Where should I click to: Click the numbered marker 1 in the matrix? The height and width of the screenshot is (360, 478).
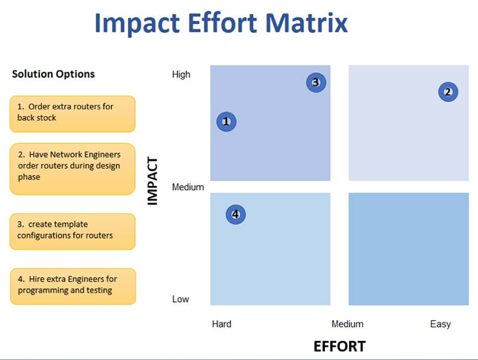tap(226, 122)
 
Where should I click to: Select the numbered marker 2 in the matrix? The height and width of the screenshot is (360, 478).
tap(448, 92)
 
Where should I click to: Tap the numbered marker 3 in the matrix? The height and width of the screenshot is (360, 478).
tap(316, 82)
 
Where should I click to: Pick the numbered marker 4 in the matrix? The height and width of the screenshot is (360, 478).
tap(235, 214)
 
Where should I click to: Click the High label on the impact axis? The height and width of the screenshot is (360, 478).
tap(181, 74)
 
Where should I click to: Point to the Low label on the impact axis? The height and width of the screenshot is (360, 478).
tap(180, 299)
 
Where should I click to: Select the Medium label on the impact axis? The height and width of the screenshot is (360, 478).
tap(188, 187)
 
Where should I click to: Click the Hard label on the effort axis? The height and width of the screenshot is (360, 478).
tap(222, 324)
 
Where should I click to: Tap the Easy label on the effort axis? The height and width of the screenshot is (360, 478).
tap(440, 324)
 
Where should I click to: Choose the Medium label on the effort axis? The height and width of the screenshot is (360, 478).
tap(348, 324)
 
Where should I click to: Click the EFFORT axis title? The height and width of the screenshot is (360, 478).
tap(339, 346)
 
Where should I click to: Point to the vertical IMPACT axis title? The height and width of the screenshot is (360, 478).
tap(152, 181)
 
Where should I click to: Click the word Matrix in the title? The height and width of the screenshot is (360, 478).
tap(307, 23)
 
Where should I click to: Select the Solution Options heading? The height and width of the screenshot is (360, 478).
tap(53, 74)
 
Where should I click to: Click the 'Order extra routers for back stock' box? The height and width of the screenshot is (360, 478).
tap(72, 114)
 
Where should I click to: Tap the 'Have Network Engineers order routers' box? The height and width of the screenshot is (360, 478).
tap(72, 169)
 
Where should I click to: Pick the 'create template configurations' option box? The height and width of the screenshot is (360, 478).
tap(72, 232)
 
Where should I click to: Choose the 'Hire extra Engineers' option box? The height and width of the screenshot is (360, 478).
tap(73, 287)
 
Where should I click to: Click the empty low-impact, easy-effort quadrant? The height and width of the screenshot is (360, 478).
tap(409, 249)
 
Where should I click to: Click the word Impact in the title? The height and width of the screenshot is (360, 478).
tap(137, 24)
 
